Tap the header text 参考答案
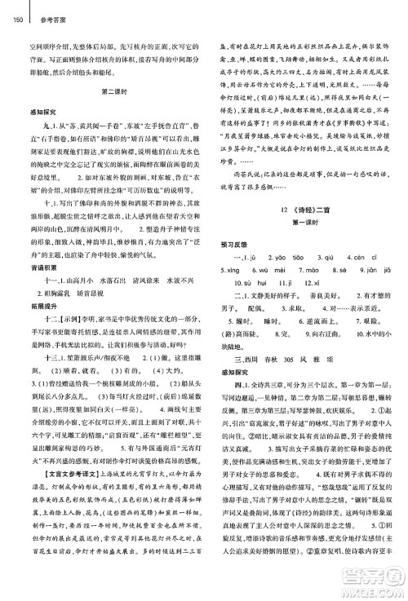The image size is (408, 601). coord(36,9)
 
